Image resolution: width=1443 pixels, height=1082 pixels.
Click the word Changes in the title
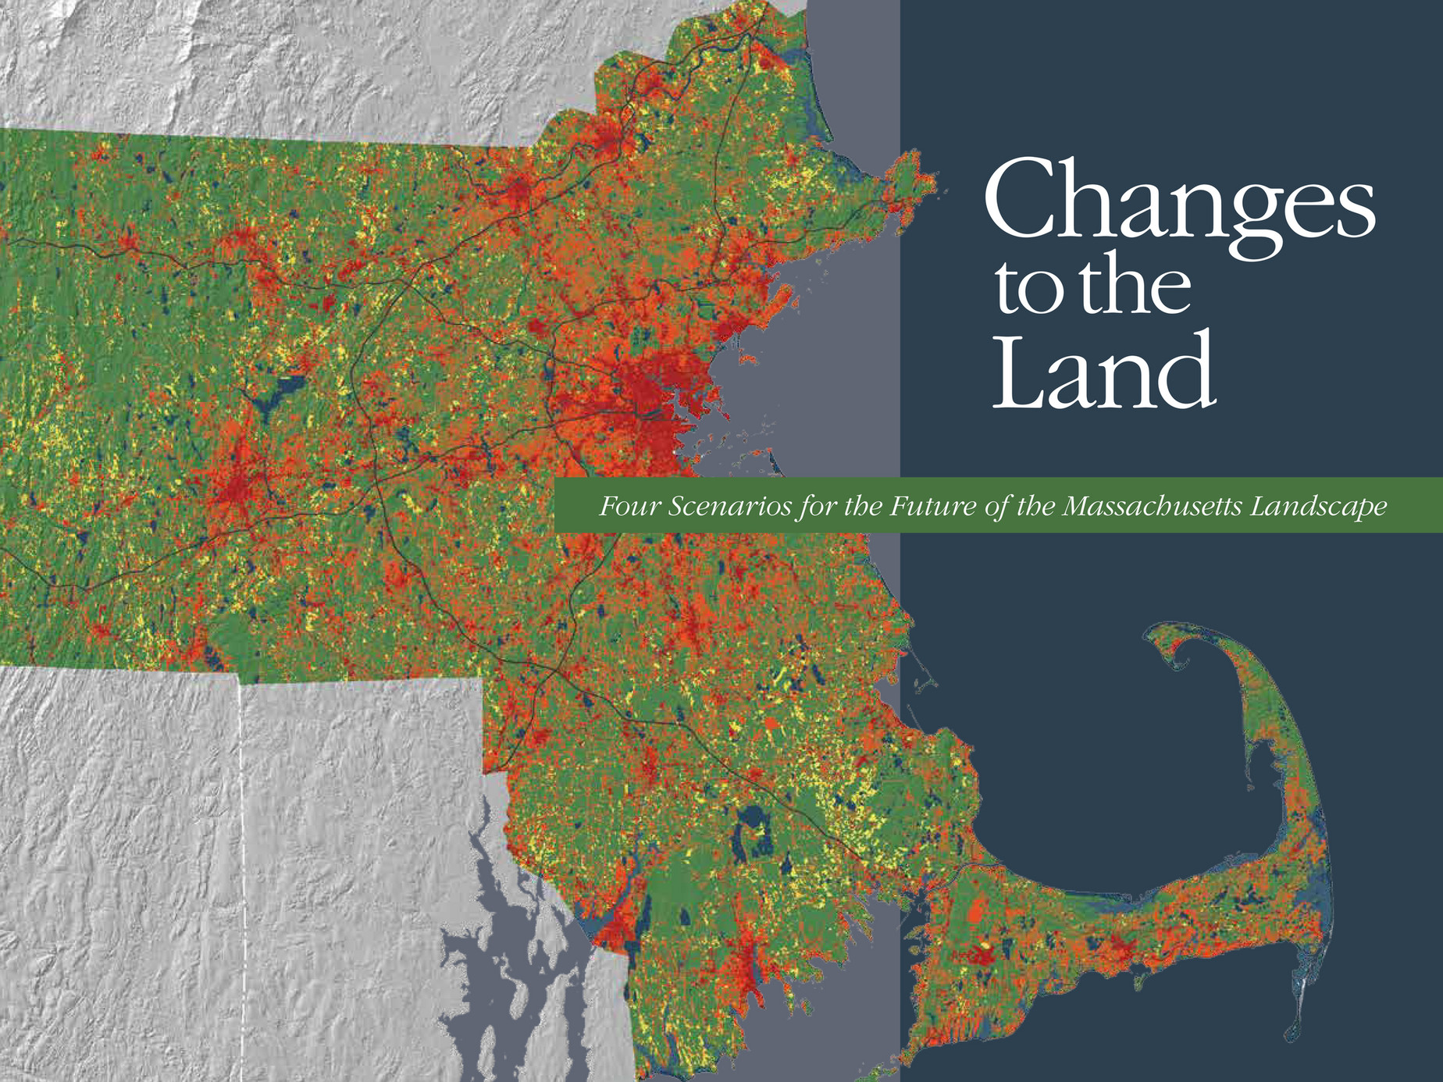[x=1179, y=201]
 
